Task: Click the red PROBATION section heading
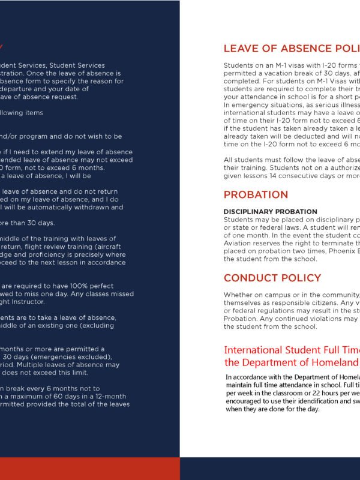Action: click(x=256, y=195)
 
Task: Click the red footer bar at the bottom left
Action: click(x=90, y=468)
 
